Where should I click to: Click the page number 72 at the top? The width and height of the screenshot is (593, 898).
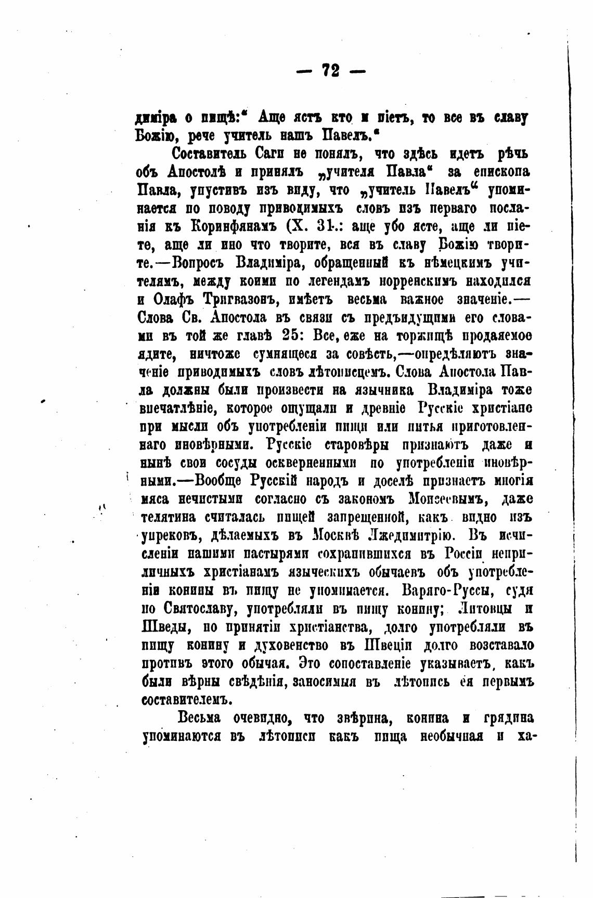tap(331, 70)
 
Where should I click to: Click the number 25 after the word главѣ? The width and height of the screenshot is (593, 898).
tap(285, 336)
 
